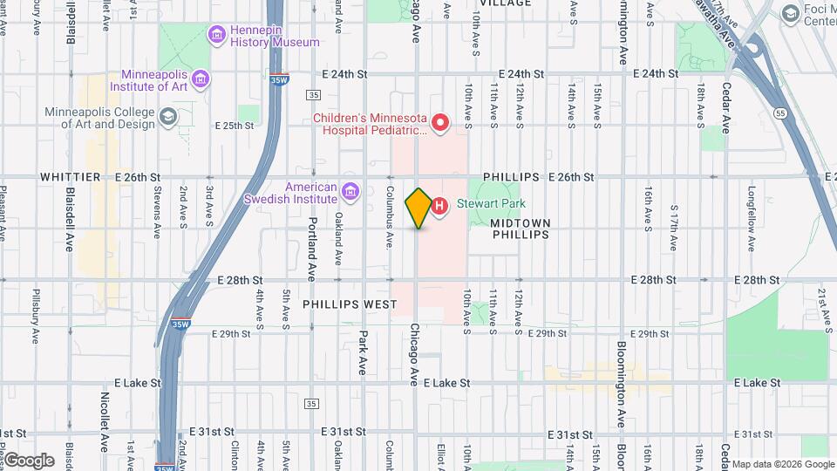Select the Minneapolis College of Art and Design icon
pos(168,116)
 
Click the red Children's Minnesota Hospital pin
pos(440,123)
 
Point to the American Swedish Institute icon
pos(350,191)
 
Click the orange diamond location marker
pos(419,208)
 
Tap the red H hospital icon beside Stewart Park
pos(440,206)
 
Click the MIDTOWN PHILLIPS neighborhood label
pos(520,229)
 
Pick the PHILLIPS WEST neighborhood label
pos(350,304)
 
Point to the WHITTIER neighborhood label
pos(66,177)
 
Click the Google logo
pos(29,460)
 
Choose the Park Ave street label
pos(363,352)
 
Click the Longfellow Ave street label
pos(751,211)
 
